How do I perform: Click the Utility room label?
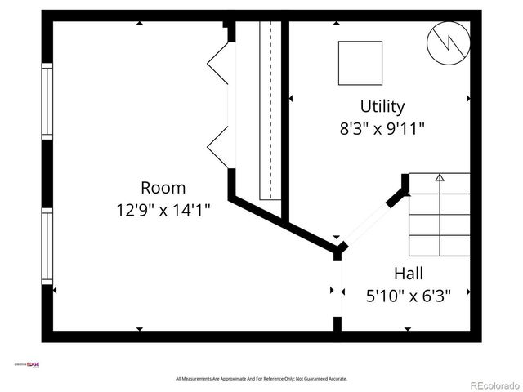pos(382,106)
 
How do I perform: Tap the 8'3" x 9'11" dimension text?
pos(382,128)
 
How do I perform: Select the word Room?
pos(163,187)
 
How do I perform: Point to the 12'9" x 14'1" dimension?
pos(163,210)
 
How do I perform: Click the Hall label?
pos(408,273)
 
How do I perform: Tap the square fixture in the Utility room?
pos(360,62)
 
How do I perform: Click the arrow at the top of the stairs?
pos(440,176)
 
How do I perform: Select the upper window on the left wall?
pos(47,104)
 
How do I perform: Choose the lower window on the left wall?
pos(47,247)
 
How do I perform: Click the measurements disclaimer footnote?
pos(261,379)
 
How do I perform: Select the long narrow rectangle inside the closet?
pos(270,110)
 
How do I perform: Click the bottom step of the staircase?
pos(440,245)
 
